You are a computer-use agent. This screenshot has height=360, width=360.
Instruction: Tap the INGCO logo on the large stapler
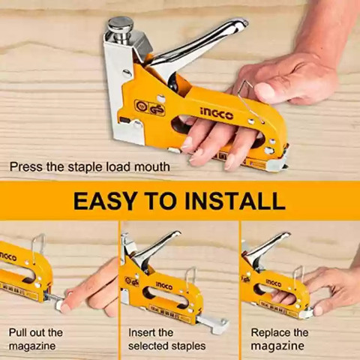217,114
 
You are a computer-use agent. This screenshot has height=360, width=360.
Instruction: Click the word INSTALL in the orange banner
235,201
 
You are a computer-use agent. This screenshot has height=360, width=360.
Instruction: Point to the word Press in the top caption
26,166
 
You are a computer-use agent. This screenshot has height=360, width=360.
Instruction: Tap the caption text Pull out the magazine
36,339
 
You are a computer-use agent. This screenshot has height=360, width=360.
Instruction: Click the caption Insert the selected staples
167,339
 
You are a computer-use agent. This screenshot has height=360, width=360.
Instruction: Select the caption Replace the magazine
280,339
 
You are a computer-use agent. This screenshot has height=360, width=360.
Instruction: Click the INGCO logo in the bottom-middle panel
164,286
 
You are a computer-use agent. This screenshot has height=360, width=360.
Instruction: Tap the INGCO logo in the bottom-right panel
274,283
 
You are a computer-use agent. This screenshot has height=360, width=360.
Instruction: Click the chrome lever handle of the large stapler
197,47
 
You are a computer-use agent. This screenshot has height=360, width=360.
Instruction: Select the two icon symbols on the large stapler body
150,107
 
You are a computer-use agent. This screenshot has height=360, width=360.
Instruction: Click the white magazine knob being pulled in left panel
60,304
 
